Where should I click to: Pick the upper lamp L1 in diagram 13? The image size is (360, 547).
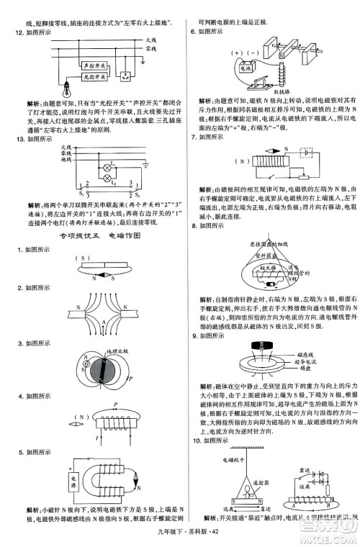108,164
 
